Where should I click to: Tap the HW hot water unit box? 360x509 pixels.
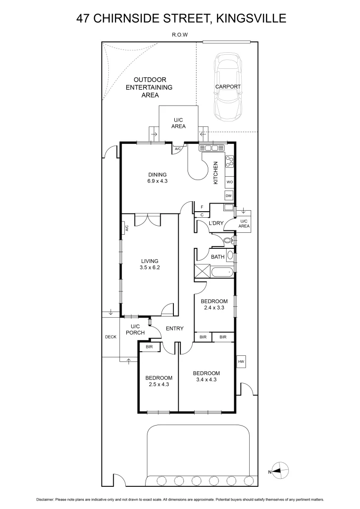point(241,361)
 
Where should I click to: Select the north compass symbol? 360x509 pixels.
point(280,470)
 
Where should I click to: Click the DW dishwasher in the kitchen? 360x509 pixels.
point(229,196)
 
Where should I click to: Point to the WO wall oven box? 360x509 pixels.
point(229,181)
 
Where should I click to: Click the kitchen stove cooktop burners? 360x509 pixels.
point(229,162)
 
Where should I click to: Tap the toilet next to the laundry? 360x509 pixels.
point(228,240)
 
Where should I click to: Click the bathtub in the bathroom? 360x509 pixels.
point(221,272)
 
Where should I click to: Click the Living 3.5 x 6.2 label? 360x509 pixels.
point(149,264)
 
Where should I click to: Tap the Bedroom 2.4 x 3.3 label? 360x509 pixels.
point(214,304)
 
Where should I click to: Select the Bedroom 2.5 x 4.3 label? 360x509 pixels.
point(158,381)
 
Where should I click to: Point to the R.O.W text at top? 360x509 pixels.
point(180,34)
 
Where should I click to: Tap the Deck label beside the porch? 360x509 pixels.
point(110,337)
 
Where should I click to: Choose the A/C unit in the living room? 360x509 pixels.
point(126,229)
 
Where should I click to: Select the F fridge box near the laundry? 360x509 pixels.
point(202,207)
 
